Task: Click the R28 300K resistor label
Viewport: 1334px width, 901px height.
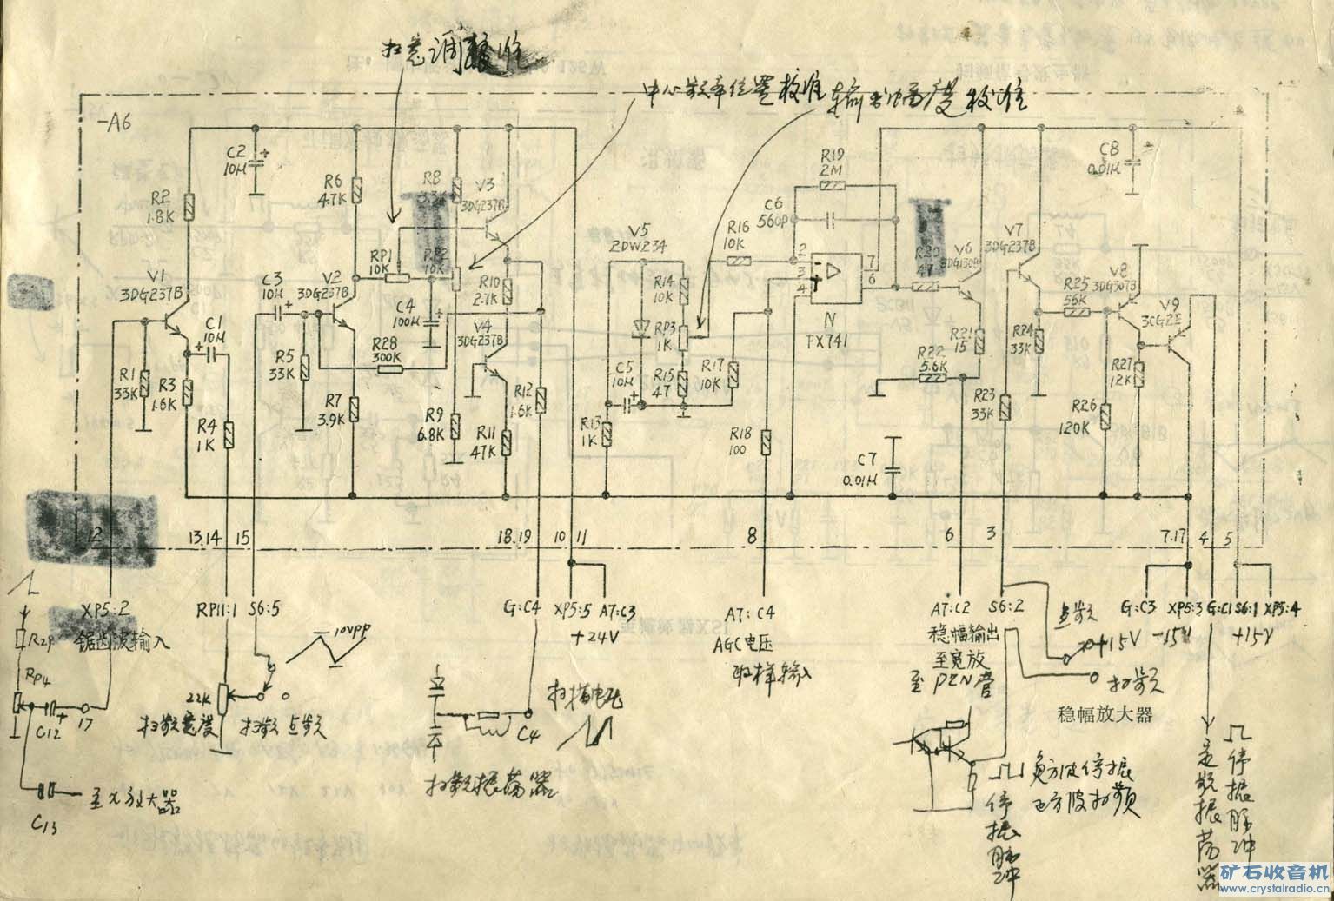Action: [392, 349]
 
